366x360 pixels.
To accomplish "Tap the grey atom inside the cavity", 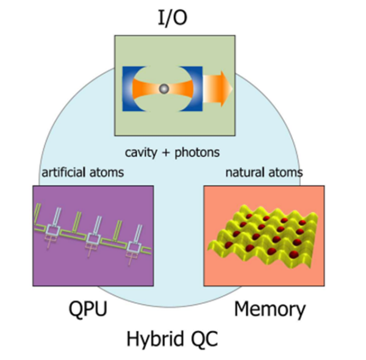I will click(163, 89).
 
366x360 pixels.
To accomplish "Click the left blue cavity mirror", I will click(130, 88).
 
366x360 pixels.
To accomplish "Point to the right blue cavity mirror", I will click(196, 88).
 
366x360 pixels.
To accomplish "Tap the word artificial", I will click(65, 173).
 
